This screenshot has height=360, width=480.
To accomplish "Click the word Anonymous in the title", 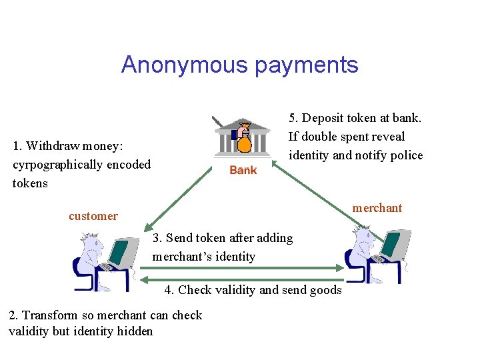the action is [180, 65].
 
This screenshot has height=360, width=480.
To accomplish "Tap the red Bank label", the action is [243, 170].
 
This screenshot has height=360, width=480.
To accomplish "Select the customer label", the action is [93, 215].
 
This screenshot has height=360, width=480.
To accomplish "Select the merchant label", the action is [377, 207].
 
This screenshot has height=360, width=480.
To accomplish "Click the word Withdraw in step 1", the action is [55, 145].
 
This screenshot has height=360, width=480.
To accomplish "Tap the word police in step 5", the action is [407, 155].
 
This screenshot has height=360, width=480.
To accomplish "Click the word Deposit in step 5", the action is [324, 118].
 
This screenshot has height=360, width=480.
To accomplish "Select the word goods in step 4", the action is [326, 289].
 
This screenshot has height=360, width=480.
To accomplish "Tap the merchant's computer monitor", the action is [390, 244].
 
